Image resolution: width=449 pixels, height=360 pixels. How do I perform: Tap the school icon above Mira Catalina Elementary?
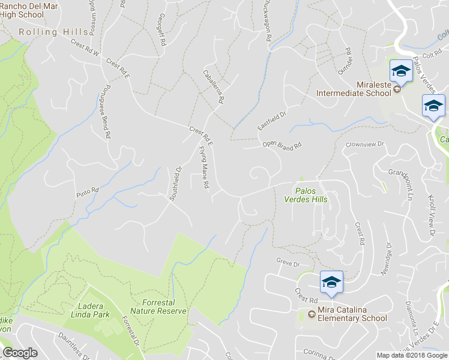(331, 281)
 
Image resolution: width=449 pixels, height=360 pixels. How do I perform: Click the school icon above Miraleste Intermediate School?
(400, 71)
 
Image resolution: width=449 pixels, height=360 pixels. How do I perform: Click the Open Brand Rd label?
(281, 145)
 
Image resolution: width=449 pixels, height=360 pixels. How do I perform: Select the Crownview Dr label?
(364, 145)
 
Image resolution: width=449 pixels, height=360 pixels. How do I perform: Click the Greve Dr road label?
(288, 263)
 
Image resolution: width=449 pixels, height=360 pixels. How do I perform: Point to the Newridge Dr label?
(385, 259)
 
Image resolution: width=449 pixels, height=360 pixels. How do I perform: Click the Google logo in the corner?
(20, 353)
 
